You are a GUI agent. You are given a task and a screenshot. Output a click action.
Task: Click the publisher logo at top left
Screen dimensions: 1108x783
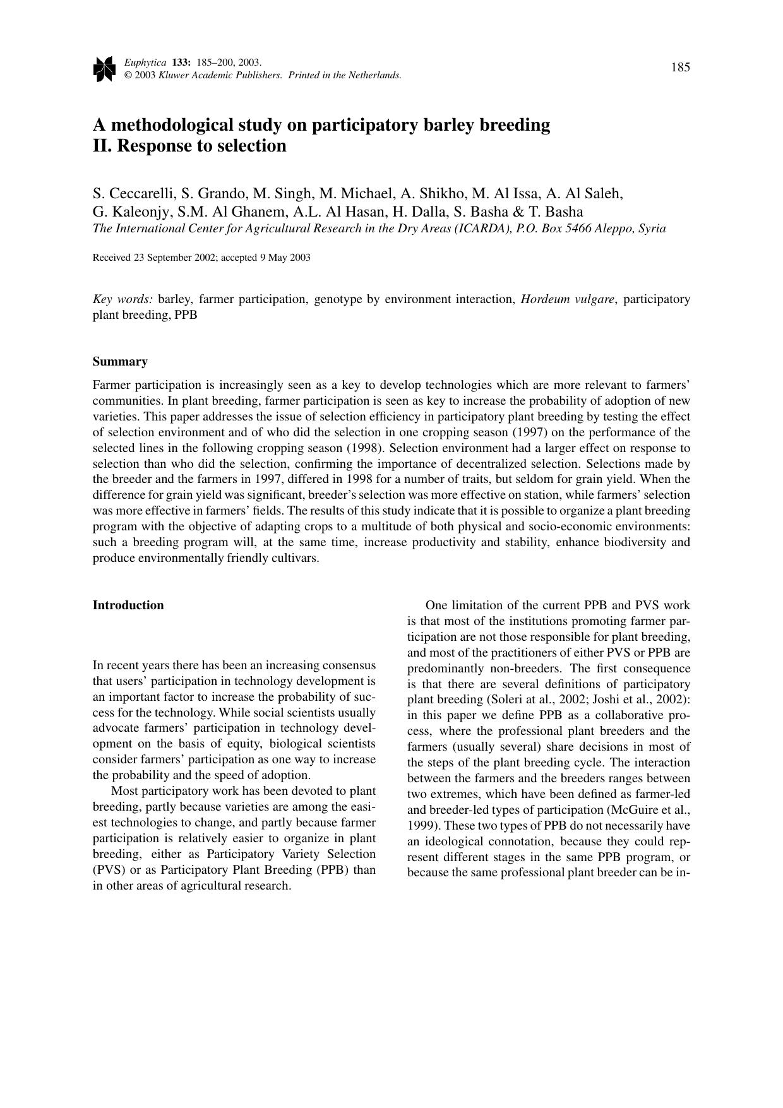(104, 68)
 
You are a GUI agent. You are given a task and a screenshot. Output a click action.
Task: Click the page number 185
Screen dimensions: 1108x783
(680, 68)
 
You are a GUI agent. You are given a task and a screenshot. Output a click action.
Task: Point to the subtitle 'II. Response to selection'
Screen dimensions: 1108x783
(189, 146)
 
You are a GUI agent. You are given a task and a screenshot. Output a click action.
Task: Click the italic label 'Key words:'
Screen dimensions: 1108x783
(123, 299)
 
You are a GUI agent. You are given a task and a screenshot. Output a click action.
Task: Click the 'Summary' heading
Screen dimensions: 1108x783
(120, 362)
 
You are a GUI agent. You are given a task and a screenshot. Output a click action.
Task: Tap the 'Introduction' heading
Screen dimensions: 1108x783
(128, 605)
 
